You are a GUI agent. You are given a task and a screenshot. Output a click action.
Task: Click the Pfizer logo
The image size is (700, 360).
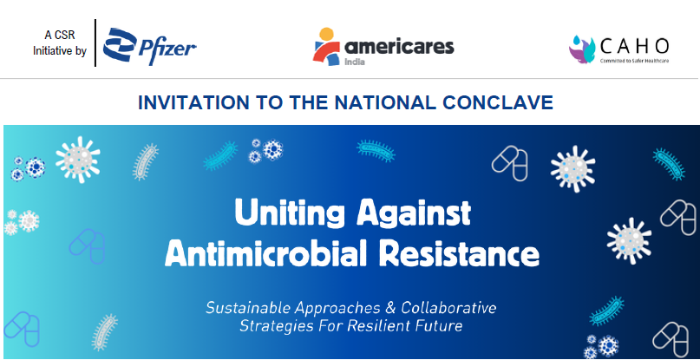point(149,47)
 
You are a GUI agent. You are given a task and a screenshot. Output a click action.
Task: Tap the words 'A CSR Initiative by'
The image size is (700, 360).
point(59,43)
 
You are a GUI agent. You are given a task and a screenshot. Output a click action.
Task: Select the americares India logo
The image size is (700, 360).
point(383,47)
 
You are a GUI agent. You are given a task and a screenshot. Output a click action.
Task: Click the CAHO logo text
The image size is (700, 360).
point(634,46)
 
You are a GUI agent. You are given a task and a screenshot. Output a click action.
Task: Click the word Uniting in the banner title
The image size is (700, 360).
point(290,213)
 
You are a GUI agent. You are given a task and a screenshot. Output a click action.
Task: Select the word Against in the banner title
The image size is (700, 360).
point(414,213)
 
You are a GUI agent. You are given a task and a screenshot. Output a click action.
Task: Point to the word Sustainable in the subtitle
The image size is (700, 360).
point(246,308)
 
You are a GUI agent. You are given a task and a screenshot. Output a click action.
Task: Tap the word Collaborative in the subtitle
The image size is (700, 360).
point(448,308)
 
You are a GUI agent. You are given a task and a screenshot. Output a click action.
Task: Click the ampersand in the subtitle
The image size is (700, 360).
point(388,308)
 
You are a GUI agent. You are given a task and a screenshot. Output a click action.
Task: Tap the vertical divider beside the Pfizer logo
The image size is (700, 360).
point(95,43)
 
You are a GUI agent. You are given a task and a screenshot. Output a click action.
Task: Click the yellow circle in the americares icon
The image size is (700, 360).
point(326,34)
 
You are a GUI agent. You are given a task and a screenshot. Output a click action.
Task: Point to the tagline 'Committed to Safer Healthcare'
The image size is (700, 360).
point(634,61)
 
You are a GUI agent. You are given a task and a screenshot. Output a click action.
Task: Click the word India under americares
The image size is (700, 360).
point(355,62)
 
